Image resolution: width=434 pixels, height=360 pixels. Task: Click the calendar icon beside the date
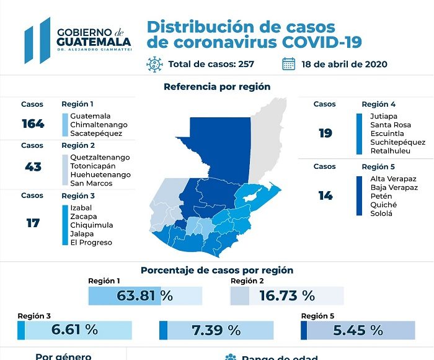288,63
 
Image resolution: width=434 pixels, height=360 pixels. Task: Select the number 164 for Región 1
32,124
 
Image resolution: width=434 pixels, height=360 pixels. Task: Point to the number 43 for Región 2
32,166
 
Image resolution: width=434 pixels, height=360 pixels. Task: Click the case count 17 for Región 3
32,222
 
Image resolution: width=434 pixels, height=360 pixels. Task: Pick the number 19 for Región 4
325,133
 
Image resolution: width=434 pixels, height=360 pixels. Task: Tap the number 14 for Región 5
325,196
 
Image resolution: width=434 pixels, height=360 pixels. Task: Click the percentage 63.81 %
145,295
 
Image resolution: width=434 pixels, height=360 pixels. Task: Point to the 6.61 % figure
74,330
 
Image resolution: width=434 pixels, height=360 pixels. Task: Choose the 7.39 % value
216,330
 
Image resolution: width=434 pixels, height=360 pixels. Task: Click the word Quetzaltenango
100,158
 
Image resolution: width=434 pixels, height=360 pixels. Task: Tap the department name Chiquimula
91,225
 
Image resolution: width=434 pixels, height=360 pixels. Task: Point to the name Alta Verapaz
394,179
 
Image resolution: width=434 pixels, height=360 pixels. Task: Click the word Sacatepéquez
96,133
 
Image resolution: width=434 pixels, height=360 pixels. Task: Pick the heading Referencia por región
217,87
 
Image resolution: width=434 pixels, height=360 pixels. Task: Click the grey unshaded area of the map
267,137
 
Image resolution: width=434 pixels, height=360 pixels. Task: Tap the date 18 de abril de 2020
344,63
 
